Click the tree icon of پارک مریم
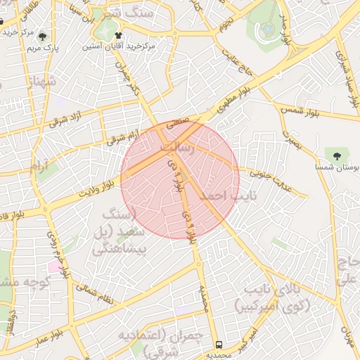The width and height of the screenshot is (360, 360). [43, 37]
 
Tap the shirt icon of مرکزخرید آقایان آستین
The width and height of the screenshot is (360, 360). [117, 34]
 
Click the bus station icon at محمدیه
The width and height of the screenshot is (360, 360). [219, 345]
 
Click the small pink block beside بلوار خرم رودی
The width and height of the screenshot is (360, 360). [54, 266]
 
